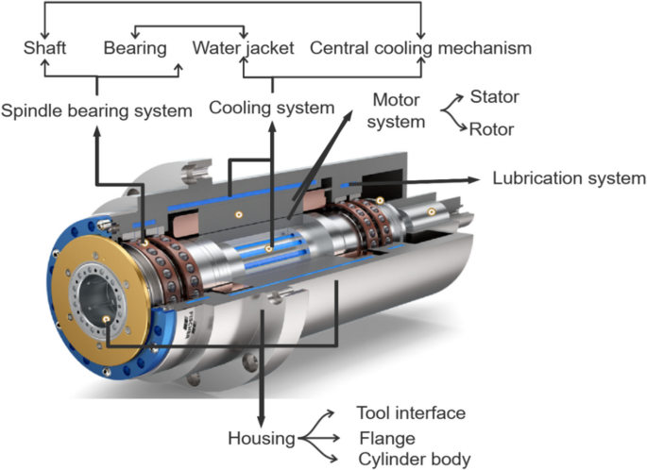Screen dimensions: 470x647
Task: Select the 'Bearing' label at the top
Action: [135, 46]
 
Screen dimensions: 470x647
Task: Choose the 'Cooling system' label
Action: [273, 108]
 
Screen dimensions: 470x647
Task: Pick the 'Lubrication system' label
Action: [570, 177]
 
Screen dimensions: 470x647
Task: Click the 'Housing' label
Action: [259, 438]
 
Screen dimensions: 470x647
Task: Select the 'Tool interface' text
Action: [411, 413]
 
